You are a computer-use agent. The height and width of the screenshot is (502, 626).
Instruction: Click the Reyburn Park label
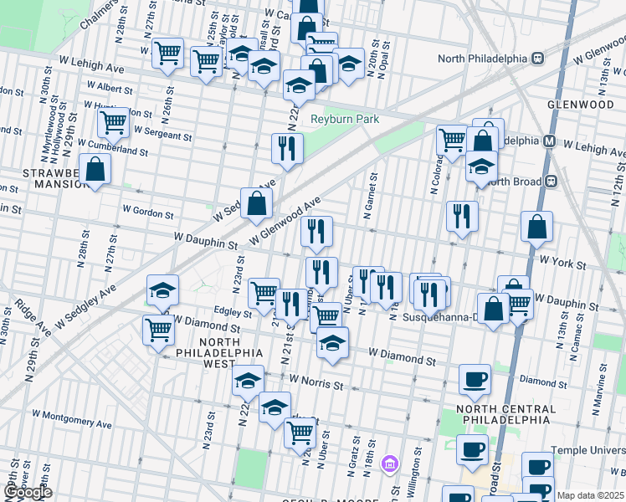tap(345, 120)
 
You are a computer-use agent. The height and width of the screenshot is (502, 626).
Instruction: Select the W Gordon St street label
tap(147, 213)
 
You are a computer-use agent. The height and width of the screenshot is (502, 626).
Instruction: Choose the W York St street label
tap(562, 263)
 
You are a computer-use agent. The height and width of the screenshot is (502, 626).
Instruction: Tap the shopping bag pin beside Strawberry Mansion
tap(95, 169)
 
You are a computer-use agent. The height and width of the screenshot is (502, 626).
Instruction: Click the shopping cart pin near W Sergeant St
tap(113, 123)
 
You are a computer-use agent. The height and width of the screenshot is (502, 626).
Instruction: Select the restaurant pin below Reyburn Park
tap(287, 149)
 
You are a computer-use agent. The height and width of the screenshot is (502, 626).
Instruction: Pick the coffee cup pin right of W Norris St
tap(475, 379)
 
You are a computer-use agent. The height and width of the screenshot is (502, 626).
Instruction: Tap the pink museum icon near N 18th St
tap(388, 463)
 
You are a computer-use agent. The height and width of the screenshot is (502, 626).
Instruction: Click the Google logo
tap(28, 493)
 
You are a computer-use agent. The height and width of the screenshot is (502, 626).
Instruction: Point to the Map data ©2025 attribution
tap(591, 495)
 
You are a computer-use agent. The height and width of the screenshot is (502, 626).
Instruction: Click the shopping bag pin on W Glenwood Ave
tap(256, 202)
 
